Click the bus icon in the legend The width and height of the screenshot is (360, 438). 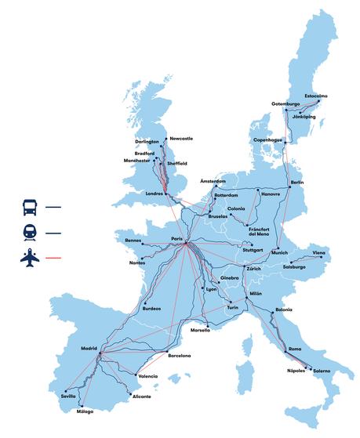[28, 208]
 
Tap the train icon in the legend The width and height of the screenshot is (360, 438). [28, 232]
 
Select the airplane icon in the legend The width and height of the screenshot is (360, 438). [28, 256]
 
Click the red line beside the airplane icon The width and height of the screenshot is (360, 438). [53, 257]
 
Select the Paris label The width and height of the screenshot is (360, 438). [178, 239]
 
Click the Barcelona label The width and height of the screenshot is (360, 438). [179, 356]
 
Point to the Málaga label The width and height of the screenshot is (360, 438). [85, 411]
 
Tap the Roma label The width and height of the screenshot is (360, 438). [295, 348]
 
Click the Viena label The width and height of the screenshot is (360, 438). [318, 253]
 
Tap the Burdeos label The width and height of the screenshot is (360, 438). [151, 308]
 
